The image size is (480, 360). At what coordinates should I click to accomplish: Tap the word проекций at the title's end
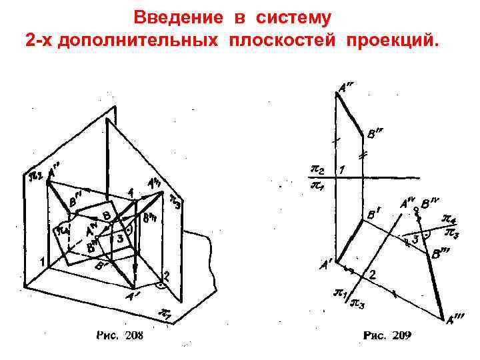393,40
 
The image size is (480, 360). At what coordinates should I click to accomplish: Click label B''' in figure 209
441,253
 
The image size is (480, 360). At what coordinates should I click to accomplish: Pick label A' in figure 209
326,264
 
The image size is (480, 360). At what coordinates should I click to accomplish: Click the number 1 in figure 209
342,170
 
